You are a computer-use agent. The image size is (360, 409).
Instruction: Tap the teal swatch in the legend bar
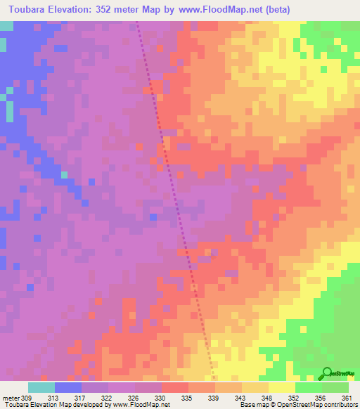click(x=41, y=387)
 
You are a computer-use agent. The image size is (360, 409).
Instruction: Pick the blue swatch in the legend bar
click(x=68, y=387)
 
